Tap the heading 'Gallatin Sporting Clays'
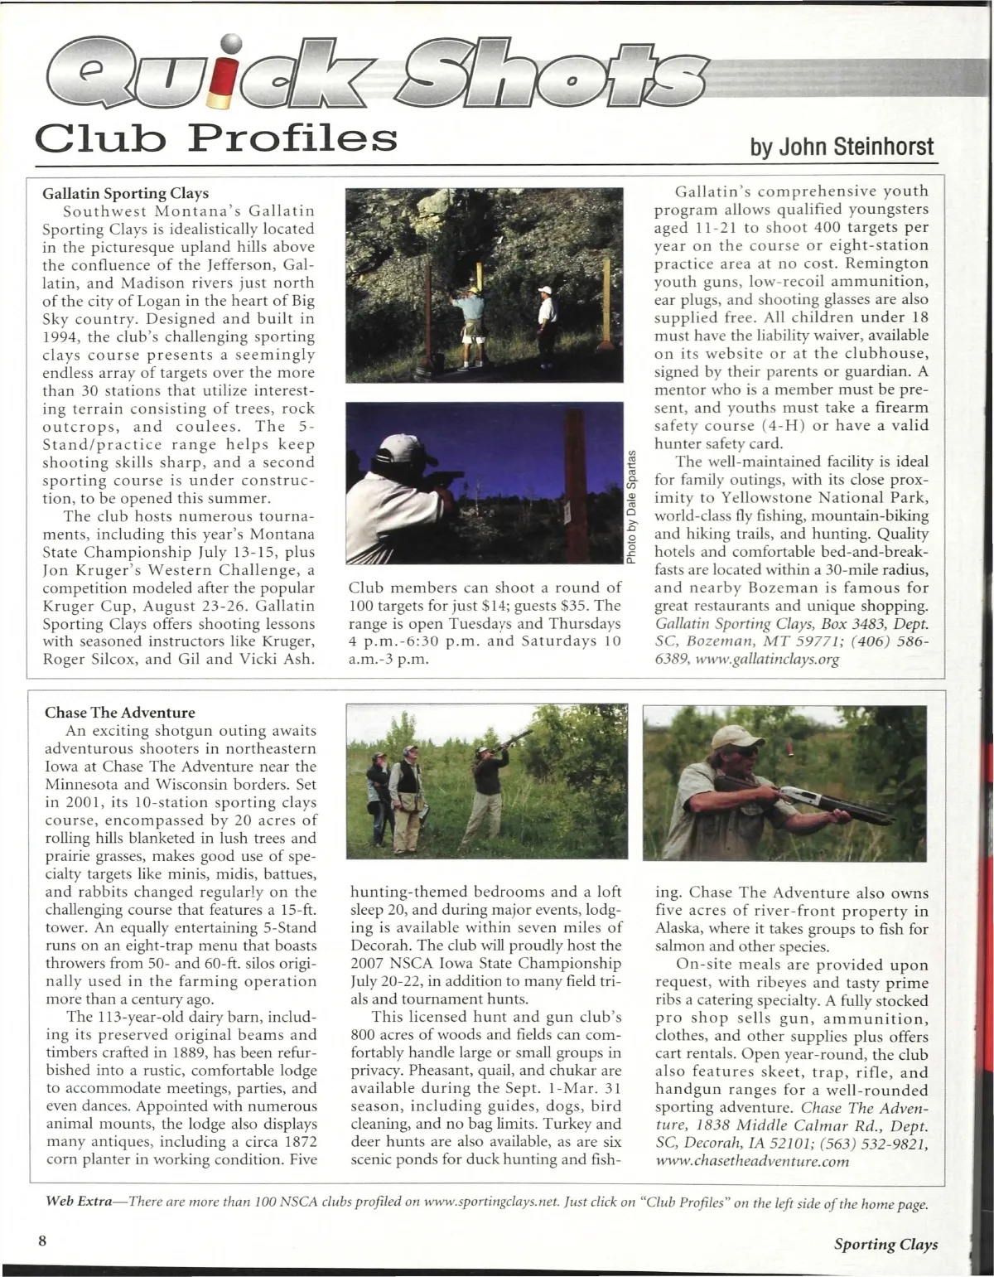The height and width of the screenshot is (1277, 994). (x=126, y=193)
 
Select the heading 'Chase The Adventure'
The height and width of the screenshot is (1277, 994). (x=120, y=713)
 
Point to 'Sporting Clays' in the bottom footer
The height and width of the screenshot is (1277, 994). (x=885, y=1245)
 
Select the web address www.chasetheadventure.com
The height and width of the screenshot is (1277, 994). (x=752, y=1162)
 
